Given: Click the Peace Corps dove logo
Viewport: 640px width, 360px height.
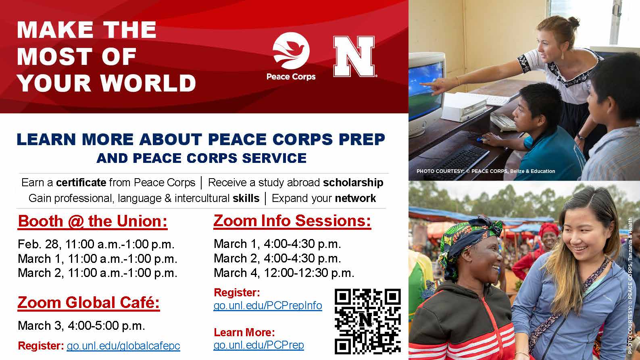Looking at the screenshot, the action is [291, 51].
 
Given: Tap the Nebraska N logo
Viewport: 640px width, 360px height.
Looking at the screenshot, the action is [354, 56].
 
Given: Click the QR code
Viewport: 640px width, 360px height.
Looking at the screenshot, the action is [368, 321].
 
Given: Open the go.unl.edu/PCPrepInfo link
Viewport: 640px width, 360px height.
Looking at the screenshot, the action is [268, 306].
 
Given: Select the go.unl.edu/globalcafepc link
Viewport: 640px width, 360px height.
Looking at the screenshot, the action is [123, 346].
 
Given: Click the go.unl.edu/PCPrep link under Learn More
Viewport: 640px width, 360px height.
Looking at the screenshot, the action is [259, 345].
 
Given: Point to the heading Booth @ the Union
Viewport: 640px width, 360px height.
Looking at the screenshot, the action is [93, 221].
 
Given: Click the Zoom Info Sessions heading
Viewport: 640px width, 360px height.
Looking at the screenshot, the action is [292, 221].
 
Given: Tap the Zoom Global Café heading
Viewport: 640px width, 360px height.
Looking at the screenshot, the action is [89, 303].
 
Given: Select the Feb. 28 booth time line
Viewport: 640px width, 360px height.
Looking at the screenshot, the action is [96, 244].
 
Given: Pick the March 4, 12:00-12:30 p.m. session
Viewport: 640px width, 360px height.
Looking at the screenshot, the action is [284, 273].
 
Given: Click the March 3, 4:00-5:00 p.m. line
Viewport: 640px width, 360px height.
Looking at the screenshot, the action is [81, 326].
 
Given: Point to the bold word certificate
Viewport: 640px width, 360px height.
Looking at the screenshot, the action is [81, 183].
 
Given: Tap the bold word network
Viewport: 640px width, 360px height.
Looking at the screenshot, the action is [355, 198].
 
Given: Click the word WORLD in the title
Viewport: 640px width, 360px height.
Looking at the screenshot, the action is [148, 83].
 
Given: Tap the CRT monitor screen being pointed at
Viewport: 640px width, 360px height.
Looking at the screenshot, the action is [425, 89].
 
